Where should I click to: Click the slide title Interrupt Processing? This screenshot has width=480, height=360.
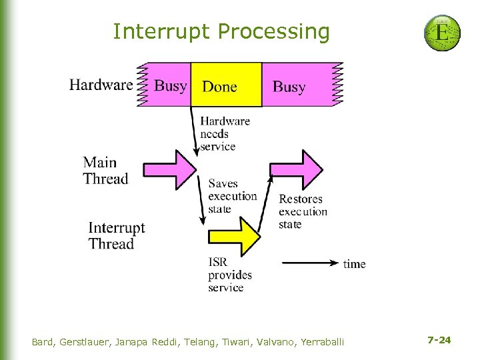click(x=221, y=31)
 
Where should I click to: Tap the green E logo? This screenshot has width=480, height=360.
click(x=442, y=33)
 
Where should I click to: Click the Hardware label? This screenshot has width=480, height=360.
click(x=101, y=85)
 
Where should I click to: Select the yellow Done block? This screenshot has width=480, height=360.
click(x=225, y=85)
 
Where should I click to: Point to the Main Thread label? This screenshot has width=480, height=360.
click(x=105, y=171)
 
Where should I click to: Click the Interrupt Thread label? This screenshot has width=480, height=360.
click(x=116, y=235)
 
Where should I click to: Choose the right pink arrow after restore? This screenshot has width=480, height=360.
click(x=296, y=169)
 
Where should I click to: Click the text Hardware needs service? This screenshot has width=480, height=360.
click(x=225, y=133)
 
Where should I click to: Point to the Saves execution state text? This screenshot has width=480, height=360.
click(x=232, y=196)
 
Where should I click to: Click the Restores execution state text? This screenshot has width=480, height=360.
click(x=303, y=211)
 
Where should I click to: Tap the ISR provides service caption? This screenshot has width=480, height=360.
click(x=229, y=275)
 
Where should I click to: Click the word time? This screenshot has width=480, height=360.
click(x=354, y=264)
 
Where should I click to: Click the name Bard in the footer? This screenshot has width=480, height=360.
click(x=43, y=342)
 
